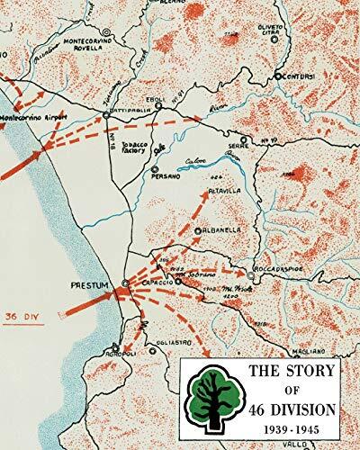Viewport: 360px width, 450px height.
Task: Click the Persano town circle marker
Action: (156, 168)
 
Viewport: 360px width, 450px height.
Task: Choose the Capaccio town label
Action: (158, 289)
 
